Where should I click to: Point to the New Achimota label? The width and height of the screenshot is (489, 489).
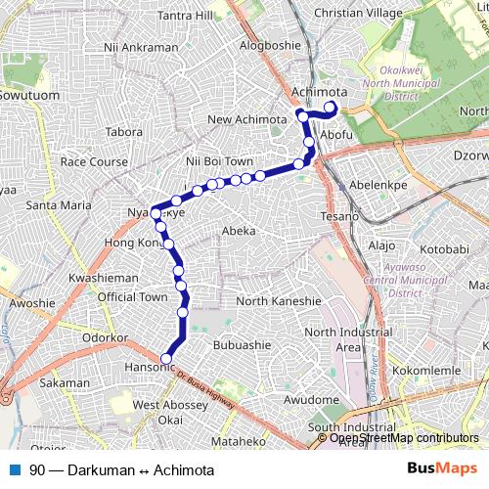tap(245, 120)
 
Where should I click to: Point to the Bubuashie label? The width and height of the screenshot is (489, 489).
tap(242, 344)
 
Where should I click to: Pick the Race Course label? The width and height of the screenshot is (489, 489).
tap(89, 161)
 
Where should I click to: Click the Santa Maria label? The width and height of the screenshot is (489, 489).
tap(59, 205)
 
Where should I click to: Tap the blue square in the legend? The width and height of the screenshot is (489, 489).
tap(15, 469)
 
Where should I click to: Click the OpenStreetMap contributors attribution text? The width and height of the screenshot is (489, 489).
tap(404, 437)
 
